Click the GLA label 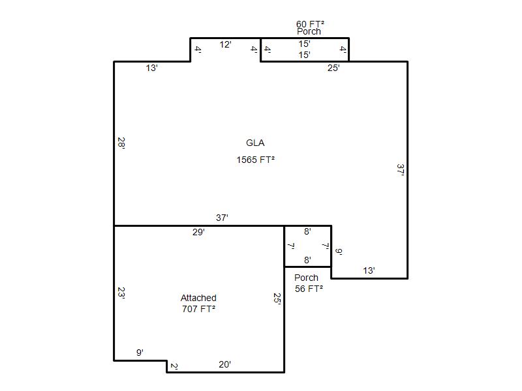pos(255,143)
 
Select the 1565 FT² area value pos(255,160)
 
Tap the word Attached pos(198,298)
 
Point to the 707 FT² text pos(198,309)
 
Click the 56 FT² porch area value pos(309,289)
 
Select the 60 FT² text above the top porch pos(310,24)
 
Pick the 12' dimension pos(225,44)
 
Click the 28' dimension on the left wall pos(121,143)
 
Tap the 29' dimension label pos(198,232)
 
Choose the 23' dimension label pos(121,293)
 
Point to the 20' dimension pos(224,364)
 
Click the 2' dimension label pos(174,366)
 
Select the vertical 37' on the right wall pos(401,169)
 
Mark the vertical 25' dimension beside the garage pos(277,298)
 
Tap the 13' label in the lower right pos(369,270)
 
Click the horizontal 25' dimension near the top pos(333,68)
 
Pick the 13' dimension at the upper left pos(151,68)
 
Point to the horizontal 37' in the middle pos(222,218)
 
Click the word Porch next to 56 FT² pos(306,278)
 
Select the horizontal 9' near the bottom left pos(140,353)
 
